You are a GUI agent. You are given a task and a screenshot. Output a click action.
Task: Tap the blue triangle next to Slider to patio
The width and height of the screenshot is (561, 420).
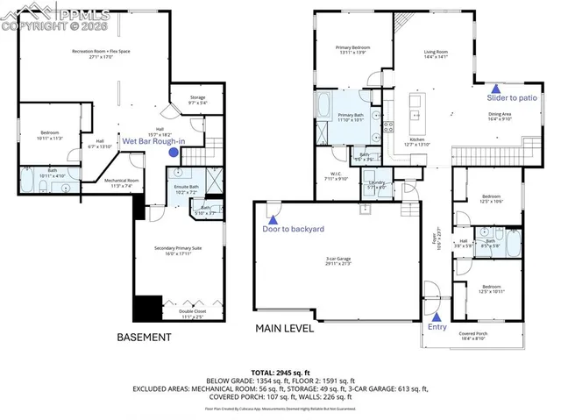(496, 89)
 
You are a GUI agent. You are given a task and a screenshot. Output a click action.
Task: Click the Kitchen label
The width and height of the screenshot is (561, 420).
(417, 142)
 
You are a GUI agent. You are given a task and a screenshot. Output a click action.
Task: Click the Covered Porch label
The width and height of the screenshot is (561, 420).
(479, 335)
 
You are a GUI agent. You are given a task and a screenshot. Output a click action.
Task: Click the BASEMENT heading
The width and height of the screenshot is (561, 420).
(144, 337)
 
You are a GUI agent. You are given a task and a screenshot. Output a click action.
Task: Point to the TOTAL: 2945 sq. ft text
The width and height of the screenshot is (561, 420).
(280, 371)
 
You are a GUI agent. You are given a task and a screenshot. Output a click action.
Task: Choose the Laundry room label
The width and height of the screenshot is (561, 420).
(376, 184)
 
